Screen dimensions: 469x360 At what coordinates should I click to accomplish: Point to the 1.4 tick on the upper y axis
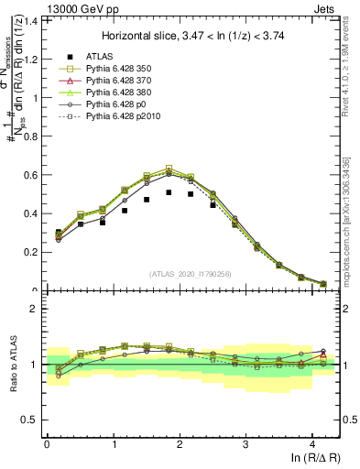coord(29,19)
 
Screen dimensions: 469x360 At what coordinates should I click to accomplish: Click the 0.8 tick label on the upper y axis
coord(29,136)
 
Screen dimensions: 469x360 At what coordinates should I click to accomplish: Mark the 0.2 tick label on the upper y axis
coord(29,252)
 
